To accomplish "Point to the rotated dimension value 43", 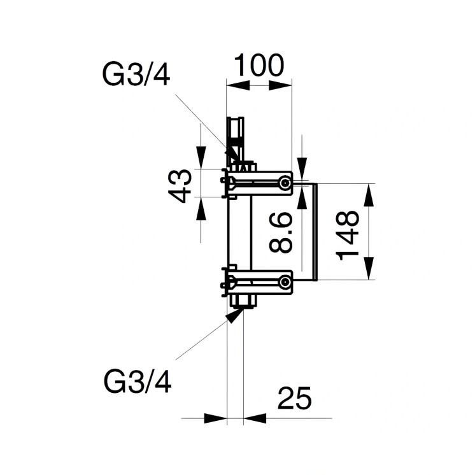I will [x=183, y=185].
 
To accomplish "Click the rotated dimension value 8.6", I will [x=281, y=233].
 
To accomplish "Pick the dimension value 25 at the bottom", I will [x=294, y=399].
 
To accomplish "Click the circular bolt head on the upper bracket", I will [x=284, y=183].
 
